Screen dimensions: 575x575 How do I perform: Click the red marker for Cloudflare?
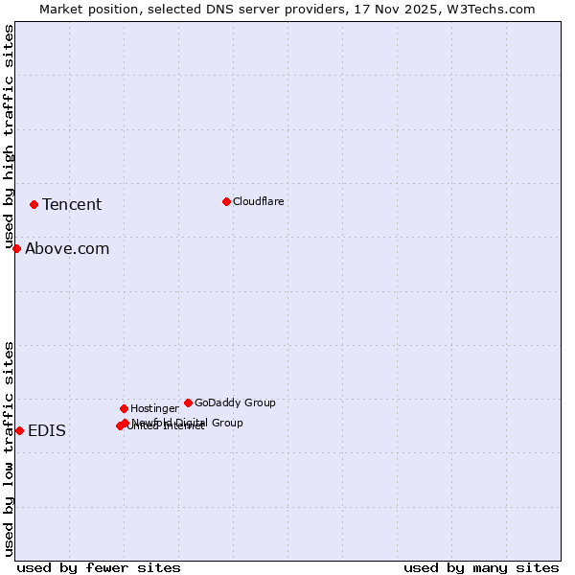point(226,201)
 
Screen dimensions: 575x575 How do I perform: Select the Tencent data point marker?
point(34,204)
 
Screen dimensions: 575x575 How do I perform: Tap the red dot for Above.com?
point(16,248)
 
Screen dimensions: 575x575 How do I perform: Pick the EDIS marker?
point(19,430)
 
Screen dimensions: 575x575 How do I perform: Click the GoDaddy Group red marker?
point(188,402)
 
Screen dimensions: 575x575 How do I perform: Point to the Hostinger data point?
point(124,408)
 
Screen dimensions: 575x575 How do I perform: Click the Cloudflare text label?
point(258,201)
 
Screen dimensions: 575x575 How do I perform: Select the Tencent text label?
point(72,204)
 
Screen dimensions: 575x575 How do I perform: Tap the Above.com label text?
point(67,249)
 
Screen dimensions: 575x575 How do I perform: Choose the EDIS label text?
point(47,431)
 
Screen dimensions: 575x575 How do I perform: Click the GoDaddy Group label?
point(235,402)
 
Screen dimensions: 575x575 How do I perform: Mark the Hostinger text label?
point(154,408)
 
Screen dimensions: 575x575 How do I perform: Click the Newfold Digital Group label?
point(187,423)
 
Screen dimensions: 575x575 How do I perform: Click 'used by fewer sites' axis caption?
point(99,567)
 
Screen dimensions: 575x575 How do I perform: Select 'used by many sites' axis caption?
point(481,567)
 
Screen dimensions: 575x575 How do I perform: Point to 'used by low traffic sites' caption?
point(9,448)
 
